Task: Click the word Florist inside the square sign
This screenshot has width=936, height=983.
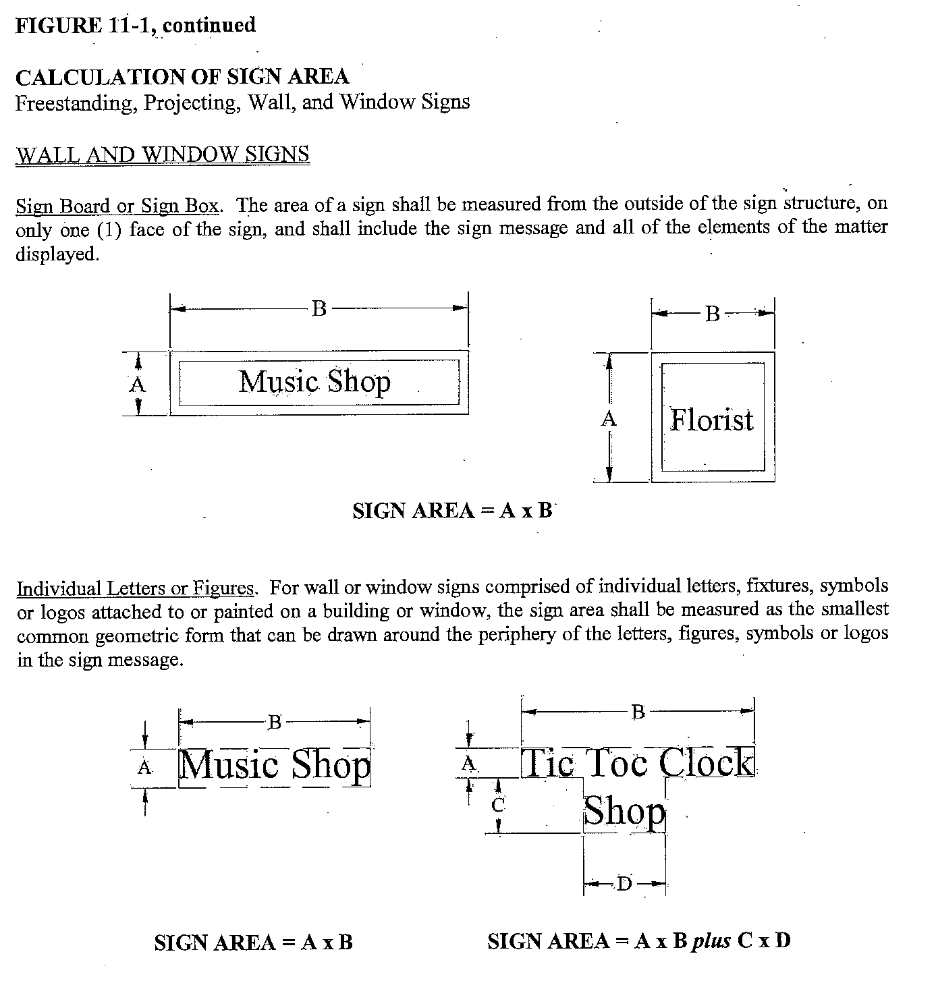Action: (711, 420)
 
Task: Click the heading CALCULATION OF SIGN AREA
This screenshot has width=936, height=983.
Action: (182, 77)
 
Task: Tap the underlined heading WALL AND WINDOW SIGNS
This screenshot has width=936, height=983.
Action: (163, 155)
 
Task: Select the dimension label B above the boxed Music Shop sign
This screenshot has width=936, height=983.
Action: (319, 309)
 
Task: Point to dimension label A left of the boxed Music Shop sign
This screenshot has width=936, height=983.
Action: (138, 385)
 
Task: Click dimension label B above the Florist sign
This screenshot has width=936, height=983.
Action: (713, 314)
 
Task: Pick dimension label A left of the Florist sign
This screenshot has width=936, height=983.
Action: (609, 419)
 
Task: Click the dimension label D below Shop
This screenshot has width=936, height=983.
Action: (624, 883)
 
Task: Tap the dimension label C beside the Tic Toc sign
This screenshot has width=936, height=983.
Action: (498, 804)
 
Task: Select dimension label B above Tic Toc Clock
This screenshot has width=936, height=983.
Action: (638, 711)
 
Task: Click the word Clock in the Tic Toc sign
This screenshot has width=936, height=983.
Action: (707, 762)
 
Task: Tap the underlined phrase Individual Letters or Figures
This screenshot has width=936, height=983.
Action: (136, 588)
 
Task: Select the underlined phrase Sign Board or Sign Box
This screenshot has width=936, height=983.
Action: (117, 205)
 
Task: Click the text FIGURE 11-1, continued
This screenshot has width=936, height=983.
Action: (136, 26)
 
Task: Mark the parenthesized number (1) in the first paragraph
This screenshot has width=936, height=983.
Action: (109, 229)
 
